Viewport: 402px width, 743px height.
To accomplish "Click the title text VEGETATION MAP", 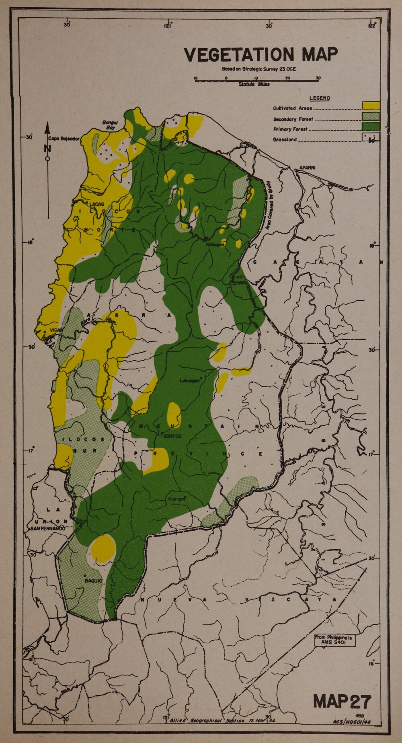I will coord(260,55).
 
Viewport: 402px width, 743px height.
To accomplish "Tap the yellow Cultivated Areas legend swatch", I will coord(371,105).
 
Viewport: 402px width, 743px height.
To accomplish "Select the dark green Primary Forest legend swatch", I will coord(371,126).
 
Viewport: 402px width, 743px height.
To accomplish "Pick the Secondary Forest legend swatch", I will coord(371,116).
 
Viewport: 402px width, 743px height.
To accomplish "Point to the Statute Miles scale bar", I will coord(256,80).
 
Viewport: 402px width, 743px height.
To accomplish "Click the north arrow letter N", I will coord(47,148).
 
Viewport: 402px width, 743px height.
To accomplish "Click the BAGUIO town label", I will coord(93,581).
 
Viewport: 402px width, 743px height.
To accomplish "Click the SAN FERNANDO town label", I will coord(47,528).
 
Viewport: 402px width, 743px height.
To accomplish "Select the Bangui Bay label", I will coord(109,125).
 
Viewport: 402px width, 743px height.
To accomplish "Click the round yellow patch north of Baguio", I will coord(103,548).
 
